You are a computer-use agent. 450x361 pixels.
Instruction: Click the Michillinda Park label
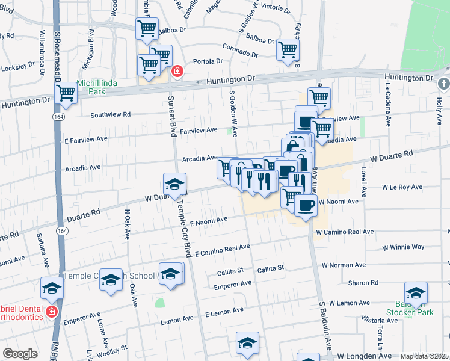[x=96, y=87]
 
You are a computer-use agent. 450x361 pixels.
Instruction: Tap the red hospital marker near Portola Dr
[x=177, y=72]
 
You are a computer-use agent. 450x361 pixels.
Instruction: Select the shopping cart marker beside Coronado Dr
[x=288, y=50]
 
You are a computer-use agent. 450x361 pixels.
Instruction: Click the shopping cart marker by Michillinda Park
[x=66, y=94]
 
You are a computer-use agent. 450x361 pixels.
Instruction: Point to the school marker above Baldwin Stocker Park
[x=416, y=293]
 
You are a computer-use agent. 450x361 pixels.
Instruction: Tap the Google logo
[x=20, y=354]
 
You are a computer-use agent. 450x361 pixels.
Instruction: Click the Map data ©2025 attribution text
[x=425, y=356]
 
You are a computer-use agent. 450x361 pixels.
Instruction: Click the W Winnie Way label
[x=403, y=247]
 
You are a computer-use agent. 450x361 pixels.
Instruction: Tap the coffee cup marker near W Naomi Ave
[x=306, y=206]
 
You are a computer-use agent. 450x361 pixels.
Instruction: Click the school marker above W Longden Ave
[x=247, y=343]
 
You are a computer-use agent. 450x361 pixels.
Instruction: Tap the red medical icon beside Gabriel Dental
[x=52, y=311]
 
